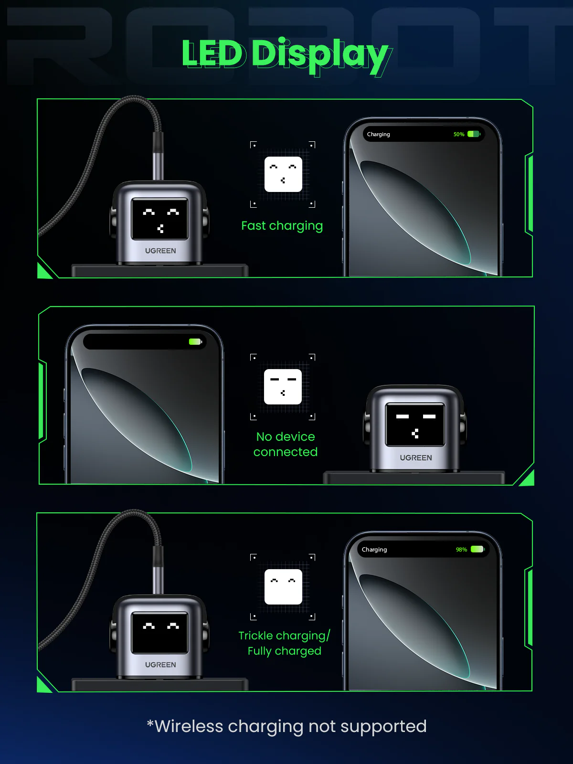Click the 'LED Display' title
coord(285,54)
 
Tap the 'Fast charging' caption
coord(282,226)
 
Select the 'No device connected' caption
coord(285,444)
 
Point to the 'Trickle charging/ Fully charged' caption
coord(284,643)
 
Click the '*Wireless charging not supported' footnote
coord(286,726)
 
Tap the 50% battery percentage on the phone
coord(459,134)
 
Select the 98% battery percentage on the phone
coord(461,550)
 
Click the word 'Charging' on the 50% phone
coord(379,134)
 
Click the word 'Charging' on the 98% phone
coord(374,550)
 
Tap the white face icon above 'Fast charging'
coord(283,174)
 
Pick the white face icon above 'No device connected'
coord(283,387)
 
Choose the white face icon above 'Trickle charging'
coord(283,587)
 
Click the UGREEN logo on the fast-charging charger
coord(160,251)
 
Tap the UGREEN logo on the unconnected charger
coord(416,458)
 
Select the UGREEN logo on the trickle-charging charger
coord(160,665)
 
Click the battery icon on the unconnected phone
coord(195,342)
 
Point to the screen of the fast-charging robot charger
coord(159,219)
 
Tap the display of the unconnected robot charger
coord(415,424)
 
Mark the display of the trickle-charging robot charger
coord(159,634)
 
